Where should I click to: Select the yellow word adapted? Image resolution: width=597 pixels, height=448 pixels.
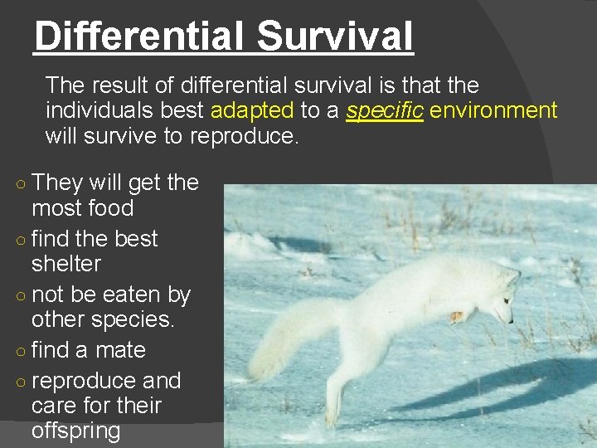tap(252, 110)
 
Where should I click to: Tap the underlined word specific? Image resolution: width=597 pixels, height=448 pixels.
tap(385, 110)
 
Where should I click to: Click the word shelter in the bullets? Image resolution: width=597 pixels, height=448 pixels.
tap(66, 264)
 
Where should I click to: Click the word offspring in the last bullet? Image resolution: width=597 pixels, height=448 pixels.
tap(75, 431)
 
